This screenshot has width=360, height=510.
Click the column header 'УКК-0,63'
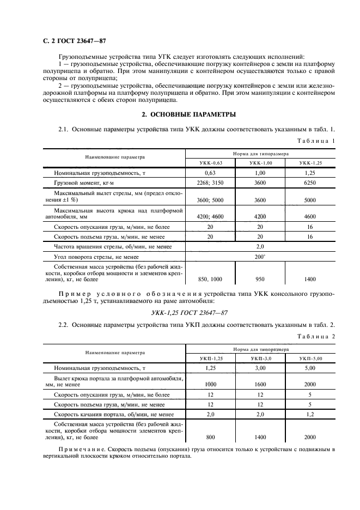coord(210,163)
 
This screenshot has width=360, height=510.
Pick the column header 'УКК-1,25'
coord(310,163)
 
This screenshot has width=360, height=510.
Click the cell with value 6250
coord(310,184)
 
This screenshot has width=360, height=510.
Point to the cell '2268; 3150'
coord(210,184)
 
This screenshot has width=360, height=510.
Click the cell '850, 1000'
coord(210,279)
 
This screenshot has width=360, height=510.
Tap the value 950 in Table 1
coord(260,279)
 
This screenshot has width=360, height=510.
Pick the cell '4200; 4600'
coord(210,216)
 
